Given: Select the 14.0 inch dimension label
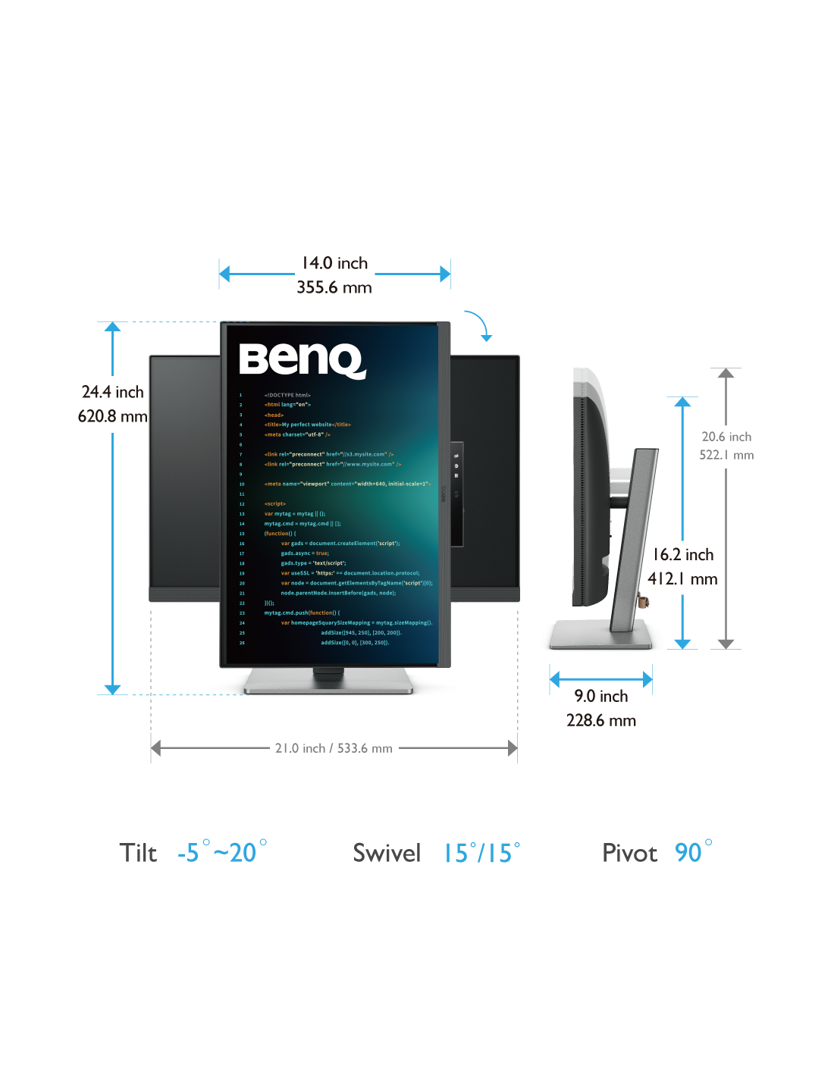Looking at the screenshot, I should point(334,263).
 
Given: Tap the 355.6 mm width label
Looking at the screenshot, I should point(334,287).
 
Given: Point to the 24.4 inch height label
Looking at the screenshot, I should point(112,392).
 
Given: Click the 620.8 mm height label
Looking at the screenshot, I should point(112,416).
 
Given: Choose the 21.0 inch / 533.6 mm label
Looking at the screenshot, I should point(334,748).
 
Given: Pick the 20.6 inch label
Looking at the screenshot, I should point(726,437).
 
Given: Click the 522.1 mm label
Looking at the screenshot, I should point(726,455).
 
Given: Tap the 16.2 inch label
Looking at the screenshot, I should point(683,555).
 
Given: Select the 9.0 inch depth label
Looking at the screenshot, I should point(601,696).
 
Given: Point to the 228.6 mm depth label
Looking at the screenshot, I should point(601,720).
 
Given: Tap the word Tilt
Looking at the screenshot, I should point(138,853).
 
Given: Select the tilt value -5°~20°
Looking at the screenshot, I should point(222,852).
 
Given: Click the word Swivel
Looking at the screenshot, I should point(387,853).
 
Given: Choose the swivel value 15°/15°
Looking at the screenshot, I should point(482,852).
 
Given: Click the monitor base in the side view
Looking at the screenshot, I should point(600,634).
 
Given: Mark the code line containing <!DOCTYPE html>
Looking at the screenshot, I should point(287,395).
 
